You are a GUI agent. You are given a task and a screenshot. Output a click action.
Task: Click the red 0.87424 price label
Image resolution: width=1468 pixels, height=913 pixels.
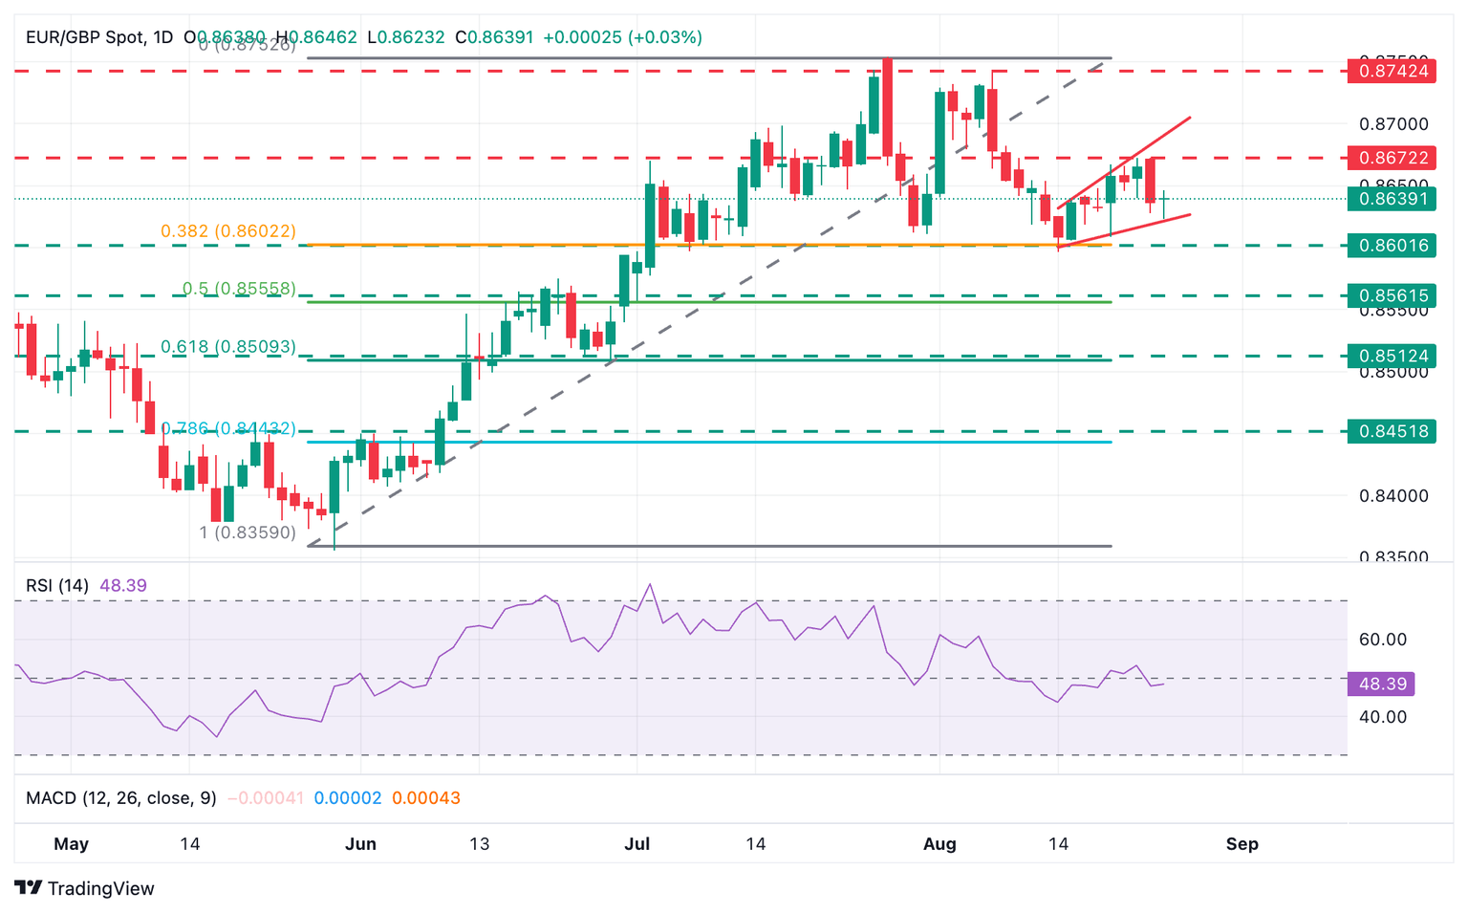pyautogui.click(x=1392, y=71)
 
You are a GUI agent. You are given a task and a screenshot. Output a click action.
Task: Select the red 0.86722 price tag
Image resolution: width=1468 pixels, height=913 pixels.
pyautogui.click(x=1392, y=158)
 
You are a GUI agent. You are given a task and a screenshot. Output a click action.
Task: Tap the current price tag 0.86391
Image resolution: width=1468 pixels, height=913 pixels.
pyautogui.click(x=1392, y=199)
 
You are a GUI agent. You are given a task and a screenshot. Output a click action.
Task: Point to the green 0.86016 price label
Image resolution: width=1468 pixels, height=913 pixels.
pyautogui.click(x=1392, y=246)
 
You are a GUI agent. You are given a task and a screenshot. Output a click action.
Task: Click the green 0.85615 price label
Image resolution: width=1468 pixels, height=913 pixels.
pyautogui.click(x=1392, y=295)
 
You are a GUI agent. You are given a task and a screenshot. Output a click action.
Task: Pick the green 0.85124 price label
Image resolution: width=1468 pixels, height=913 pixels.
pyautogui.click(x=1392, y=356)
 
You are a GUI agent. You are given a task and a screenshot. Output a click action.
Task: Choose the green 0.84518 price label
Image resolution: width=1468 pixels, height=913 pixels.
pyautogui.click(x=1392, y=431)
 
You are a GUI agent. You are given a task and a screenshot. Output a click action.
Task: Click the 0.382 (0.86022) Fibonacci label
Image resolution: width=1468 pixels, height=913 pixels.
pyautogui.click(x=228, y=231)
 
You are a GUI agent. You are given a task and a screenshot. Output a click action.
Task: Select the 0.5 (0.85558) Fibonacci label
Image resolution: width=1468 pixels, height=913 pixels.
pyautogui.click(x=239, y=289)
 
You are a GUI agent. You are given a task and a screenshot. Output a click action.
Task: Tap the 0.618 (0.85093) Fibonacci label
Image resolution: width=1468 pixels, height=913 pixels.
pyautogui.click(x=228, y=347)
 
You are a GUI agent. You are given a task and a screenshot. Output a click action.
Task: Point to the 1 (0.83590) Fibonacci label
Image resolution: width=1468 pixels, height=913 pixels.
pyautogui.click(x=248, y=533)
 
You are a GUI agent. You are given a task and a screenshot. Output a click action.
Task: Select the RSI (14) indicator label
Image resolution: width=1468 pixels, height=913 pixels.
pyautogui.click(x=57, y=585)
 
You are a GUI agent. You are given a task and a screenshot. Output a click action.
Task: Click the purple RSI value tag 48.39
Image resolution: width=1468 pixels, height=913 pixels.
pyautogui.click(x=1381, y=684)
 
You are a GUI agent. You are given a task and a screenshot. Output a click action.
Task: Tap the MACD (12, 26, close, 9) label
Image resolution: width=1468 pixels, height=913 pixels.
pyautogui.click(x=121, y=797)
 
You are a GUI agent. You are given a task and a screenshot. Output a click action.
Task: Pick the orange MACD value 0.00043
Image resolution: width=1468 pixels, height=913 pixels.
pyautogui.click(x=426, y=797)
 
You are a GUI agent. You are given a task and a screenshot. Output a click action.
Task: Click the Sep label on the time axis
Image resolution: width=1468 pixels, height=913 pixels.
pyautogui.click(x=1241, y=844)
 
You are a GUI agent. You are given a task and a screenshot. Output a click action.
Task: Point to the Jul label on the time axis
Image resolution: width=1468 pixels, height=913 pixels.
pyautogui.click(x=637, y=844)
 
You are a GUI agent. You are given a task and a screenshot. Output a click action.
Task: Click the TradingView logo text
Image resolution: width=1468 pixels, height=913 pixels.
pyautogui.click(x=99, y=888)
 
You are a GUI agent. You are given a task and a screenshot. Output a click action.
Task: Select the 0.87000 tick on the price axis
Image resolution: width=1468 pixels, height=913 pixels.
pyautogui.click(x=1393, y=124)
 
